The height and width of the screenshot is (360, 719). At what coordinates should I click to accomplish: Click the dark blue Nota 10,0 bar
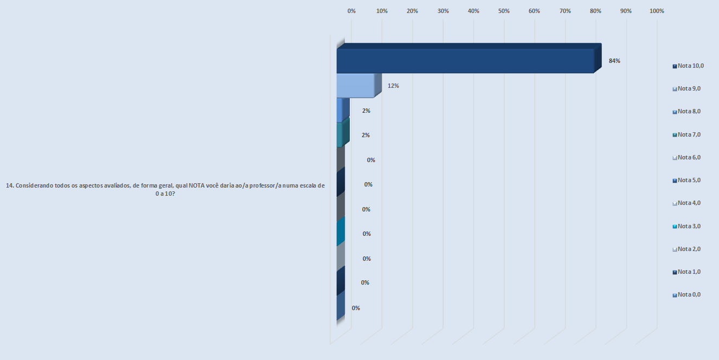click(x=465, y=61)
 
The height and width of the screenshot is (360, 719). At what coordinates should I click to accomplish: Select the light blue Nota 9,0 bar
click(x=355, y=86)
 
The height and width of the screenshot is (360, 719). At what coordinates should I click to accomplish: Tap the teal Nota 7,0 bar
click(x=340, y=135)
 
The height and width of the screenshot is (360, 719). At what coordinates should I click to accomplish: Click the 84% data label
click(x=614, y=61)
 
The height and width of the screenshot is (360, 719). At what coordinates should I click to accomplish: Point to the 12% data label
click(x=393, y=86)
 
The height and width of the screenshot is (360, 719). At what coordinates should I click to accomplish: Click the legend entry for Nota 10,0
click(x=688, y=66)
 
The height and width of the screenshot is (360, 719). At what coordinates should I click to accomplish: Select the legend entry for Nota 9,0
click(x=686, y=88)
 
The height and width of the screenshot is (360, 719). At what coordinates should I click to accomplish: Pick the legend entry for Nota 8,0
click(x=686, y=111)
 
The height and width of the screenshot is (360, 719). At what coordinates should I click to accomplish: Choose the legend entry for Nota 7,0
click(x=686, y=134)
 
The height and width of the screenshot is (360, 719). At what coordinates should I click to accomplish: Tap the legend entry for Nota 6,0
click(x=686, y=157)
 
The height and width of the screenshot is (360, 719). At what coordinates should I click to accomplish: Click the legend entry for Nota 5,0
click(x=686, y=180)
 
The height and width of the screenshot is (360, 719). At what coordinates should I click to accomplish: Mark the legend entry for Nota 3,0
click(x=686, y=226)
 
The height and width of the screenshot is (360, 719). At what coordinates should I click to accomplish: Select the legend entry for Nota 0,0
click(x=686, y=294)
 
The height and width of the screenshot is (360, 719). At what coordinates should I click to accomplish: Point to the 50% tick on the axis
click(x=504, y=11)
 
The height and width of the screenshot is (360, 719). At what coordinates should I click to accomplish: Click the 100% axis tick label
click(x=657, y=11)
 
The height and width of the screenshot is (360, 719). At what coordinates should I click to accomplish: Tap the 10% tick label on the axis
click(x=382, y=11)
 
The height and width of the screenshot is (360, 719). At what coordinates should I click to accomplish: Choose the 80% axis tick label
click(x=595, y=11)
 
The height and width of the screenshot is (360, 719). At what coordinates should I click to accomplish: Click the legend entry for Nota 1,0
click(x=686, y=272)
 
